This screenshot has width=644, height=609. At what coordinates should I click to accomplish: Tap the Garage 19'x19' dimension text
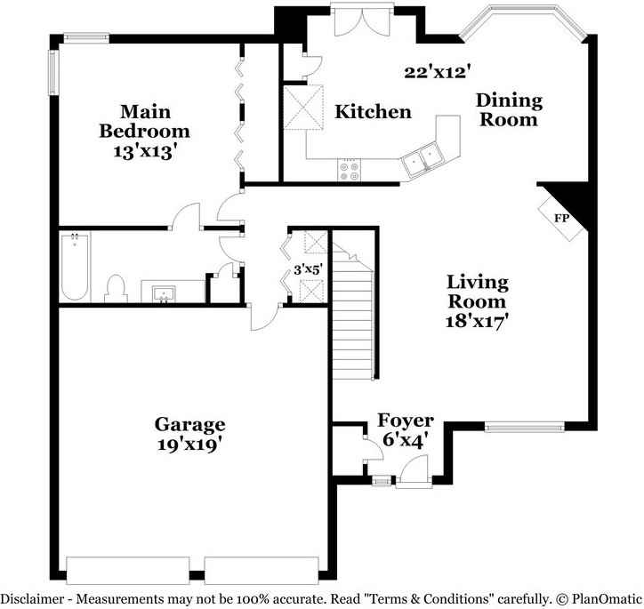[189, 445]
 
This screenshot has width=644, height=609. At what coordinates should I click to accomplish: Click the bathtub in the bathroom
[75, 266]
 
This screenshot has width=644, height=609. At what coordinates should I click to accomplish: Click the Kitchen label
[373, 112]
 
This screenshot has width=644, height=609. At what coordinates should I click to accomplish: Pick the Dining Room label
[509, 109]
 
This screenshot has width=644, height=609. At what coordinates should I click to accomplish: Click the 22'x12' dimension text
[436, 73]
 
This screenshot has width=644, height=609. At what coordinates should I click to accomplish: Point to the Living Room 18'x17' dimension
[478, 322]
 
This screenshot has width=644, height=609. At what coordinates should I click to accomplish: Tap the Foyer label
[406, 421]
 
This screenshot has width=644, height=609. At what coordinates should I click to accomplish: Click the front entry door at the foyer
[413, 472]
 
